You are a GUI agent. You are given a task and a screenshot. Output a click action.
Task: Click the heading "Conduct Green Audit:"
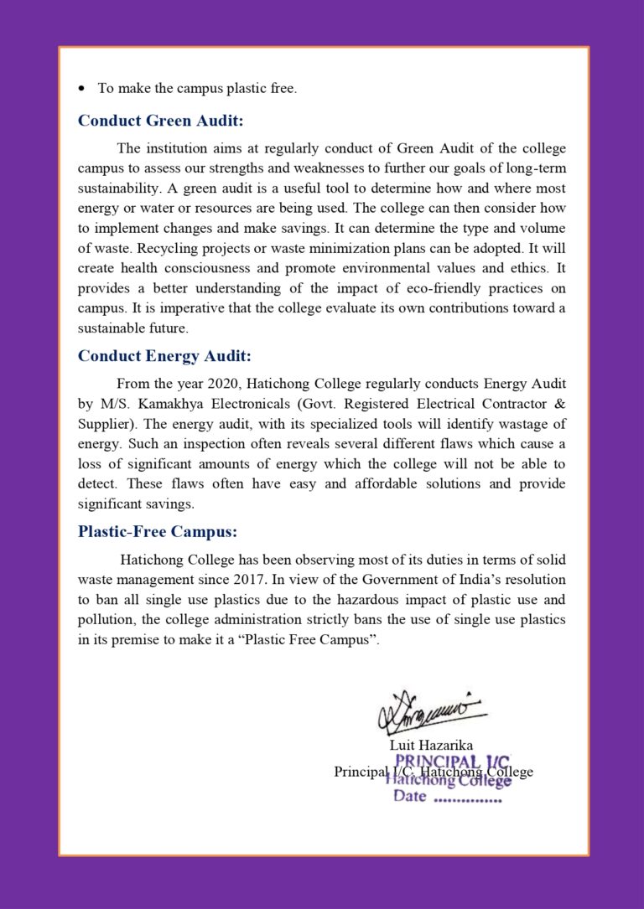coord(160,121)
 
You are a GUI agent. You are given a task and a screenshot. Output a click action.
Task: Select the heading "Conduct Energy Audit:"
coord(164,356)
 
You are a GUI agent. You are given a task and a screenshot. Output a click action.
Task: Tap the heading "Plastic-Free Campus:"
coord(157,531)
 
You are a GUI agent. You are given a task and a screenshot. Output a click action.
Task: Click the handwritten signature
coord(430,712)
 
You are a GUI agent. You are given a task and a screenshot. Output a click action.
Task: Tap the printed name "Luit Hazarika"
coord(431,745)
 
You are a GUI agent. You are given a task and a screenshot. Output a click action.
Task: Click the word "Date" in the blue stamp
coord(410,796)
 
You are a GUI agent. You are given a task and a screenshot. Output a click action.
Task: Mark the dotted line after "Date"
coord(467,798)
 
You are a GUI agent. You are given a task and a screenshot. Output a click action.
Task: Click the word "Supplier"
coord(105,424)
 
